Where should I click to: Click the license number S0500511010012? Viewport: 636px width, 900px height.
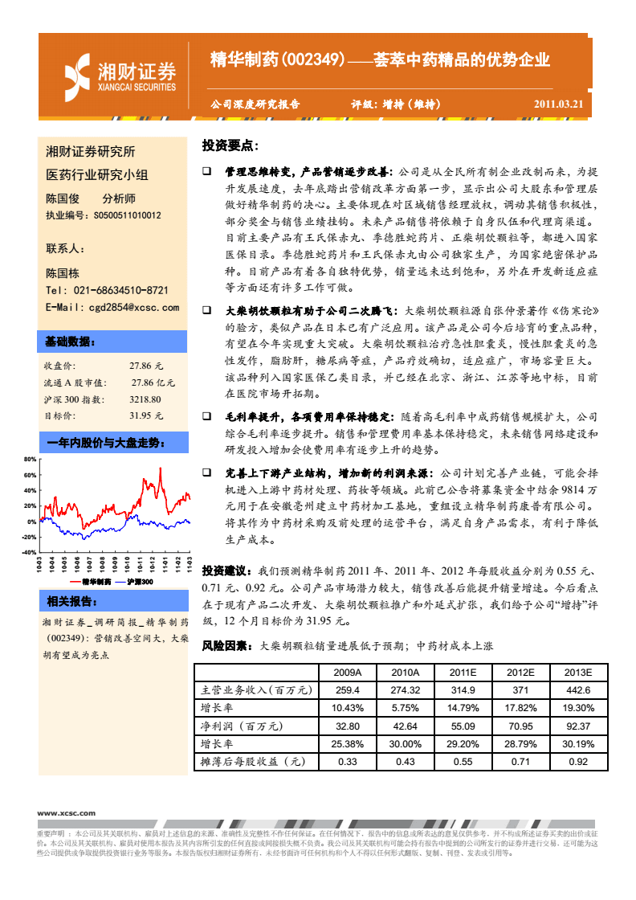(127, 215)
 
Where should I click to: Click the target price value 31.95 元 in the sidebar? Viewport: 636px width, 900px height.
(146, 415)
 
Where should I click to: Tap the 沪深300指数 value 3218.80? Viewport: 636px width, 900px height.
(145, 399)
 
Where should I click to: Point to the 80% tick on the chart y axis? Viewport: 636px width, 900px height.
(30, 460)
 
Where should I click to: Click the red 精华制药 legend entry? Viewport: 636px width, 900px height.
(90, 580)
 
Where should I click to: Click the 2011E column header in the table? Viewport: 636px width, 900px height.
(463, 673)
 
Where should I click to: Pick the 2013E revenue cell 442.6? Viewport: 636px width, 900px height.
(578, 690)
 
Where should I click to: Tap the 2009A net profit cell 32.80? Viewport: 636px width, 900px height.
(347, 726)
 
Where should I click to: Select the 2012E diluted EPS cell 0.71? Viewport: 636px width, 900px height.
(520, 761)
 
